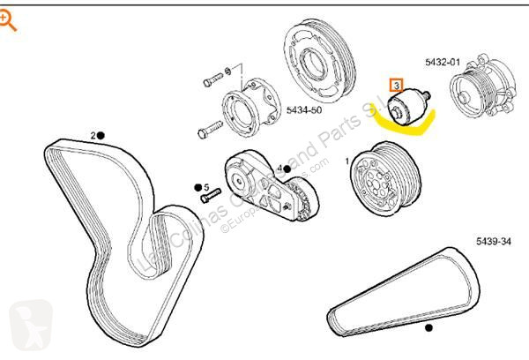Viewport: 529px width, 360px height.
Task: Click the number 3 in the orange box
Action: [x=398, y=86]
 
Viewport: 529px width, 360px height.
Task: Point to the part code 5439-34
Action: [x=494, y=240]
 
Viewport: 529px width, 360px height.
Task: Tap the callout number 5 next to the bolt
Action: [x=205, y=187]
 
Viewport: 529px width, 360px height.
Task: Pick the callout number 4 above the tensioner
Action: [x=279, y=168]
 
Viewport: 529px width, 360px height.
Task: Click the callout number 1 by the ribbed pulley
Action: [x=346, y=161]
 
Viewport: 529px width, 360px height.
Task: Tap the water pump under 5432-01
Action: [x=480, y=95]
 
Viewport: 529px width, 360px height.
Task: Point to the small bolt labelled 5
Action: [x=210, y=199]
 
